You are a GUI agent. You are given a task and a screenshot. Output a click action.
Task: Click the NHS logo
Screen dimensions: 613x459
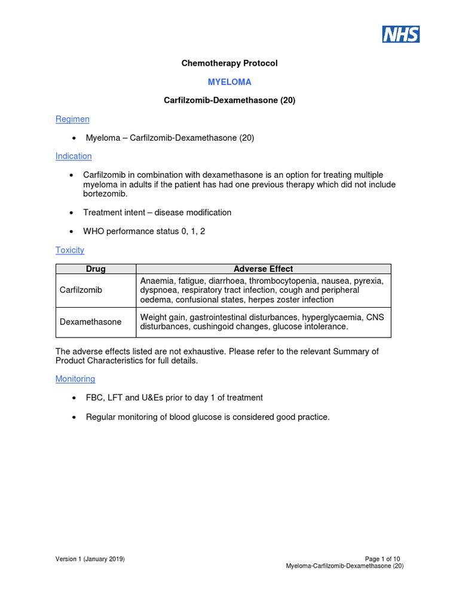[401, 34]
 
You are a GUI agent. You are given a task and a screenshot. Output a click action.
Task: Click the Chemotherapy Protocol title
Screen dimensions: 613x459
[229, 63]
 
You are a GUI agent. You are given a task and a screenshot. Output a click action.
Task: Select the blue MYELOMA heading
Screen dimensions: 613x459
[229, 81]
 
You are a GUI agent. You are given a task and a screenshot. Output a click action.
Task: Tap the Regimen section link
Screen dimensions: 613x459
[72, 119]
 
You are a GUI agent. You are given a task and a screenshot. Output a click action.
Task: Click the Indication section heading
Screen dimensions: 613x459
[74, 156]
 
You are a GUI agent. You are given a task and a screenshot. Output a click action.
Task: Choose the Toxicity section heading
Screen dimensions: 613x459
[70, 250]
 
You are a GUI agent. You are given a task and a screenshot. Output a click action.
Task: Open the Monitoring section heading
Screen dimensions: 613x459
[75, 379]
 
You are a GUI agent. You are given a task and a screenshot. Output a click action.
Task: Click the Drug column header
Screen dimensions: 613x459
[96, 269]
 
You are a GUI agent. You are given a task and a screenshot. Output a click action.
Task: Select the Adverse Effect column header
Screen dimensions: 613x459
[263, 269]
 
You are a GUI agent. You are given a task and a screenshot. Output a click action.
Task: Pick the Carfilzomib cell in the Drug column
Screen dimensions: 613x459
[81, 290]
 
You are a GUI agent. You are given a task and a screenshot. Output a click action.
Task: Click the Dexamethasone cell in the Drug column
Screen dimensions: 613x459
[90, 322]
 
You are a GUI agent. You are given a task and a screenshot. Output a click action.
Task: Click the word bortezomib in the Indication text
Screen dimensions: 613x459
[105, 194]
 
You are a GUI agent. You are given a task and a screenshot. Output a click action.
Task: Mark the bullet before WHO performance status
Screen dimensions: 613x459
[72, 232]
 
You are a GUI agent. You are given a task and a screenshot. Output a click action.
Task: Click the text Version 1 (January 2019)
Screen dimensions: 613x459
[90, 559]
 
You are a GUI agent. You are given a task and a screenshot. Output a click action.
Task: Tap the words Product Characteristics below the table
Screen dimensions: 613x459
[101, 361]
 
